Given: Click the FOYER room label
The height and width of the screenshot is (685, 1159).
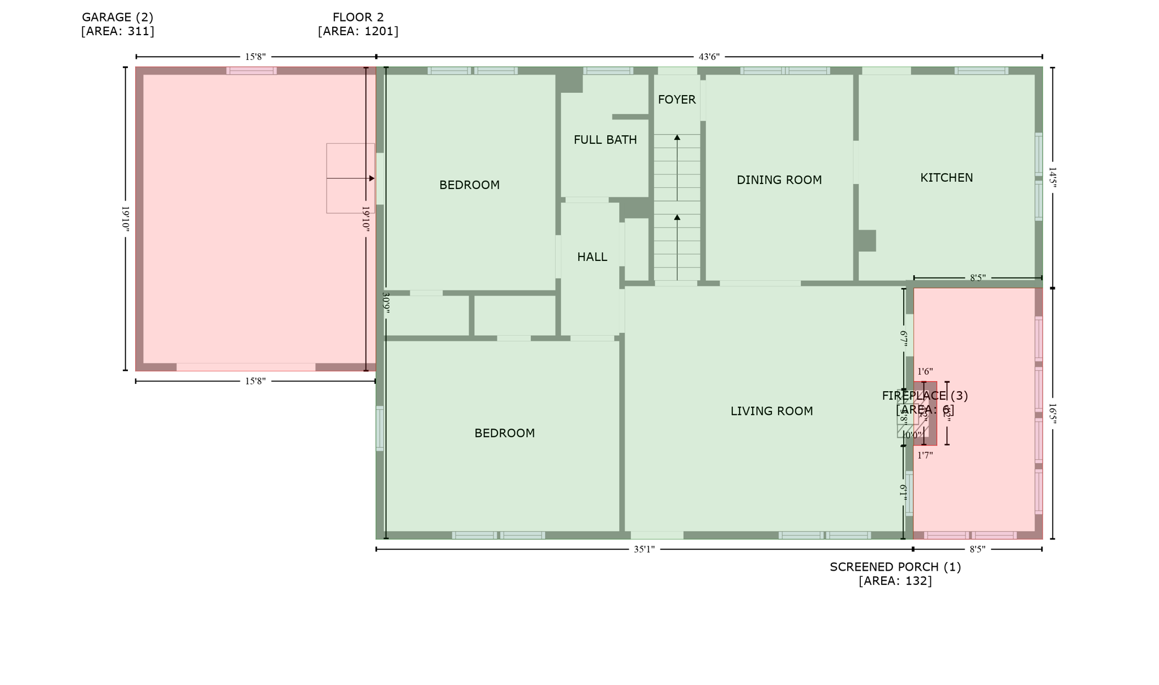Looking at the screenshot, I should tap(676, 100).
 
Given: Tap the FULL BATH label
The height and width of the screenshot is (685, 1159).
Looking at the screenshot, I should tap(605, 140).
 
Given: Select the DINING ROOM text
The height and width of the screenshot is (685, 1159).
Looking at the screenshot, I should tap(779, 180).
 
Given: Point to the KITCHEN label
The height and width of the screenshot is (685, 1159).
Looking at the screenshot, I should tap(946, 178).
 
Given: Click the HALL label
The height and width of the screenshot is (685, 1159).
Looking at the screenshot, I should tap(592, 257).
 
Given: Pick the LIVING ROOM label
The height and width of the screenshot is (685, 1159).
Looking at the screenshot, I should tap(771, 412).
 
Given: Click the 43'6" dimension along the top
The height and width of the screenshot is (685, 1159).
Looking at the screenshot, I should tap(709, 57).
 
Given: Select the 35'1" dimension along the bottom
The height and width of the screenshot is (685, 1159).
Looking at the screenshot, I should tap(644, 549).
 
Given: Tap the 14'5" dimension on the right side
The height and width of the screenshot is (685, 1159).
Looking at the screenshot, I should tap(1053, 177).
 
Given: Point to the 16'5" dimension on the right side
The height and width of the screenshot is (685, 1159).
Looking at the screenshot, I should tap(1053, 414).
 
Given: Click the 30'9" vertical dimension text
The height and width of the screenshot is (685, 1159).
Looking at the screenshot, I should tap(386, 303).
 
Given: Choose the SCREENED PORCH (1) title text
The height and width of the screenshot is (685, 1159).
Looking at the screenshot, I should tap(895, 567).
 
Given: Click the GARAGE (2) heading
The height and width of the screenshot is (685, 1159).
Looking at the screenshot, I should tap(118, 18).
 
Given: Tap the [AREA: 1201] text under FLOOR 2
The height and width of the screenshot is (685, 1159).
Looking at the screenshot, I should tap(358, 31).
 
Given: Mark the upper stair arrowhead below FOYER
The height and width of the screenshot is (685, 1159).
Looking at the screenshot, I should tap(677, 138).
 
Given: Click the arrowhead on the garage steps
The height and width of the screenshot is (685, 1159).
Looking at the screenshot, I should tap(372, 178).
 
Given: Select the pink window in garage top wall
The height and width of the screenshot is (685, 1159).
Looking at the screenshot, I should tap(251, 71).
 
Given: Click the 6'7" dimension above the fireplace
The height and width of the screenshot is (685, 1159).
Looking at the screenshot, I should tap(904, 339).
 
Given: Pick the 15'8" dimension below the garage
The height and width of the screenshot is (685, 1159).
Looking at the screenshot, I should tap(255, 381).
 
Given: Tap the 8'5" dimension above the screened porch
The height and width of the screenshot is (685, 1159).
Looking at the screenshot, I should tap(977, 278).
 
